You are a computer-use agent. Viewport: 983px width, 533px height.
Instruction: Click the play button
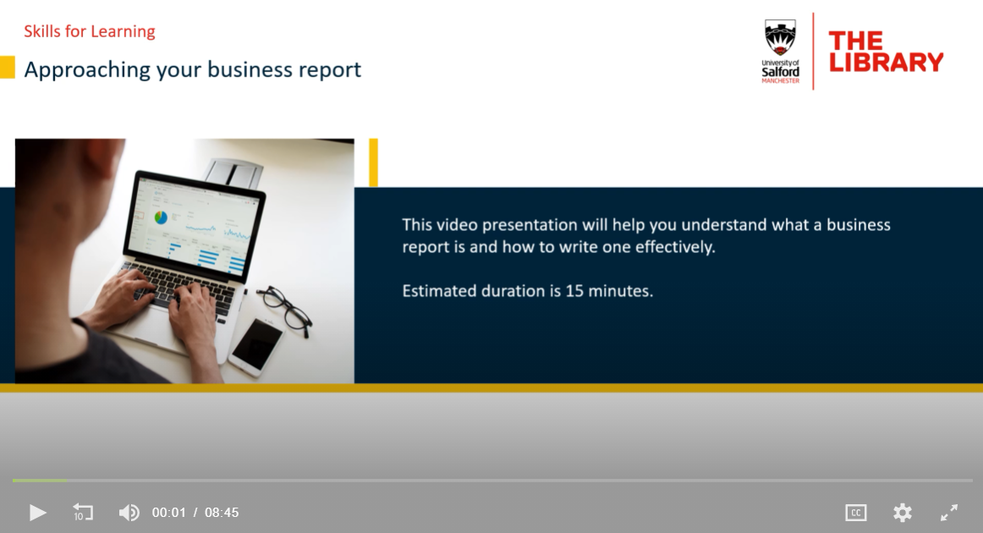tap(37, 513)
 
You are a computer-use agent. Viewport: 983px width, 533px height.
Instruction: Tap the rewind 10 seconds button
tap(83, 513)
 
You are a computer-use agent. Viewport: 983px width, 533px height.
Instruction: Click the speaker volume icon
tap(129, 513)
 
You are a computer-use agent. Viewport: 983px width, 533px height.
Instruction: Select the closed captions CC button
tap(856, 513)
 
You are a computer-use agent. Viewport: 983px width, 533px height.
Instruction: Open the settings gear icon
tap(902, 513)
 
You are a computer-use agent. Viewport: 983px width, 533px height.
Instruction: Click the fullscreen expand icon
tap(949, 513)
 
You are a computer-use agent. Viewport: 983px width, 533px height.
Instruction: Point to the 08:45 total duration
tap(222, 513)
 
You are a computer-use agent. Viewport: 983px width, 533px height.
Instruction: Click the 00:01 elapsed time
tap(168, 513)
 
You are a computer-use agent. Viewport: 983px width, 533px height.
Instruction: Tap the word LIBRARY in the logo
tap(886, 62)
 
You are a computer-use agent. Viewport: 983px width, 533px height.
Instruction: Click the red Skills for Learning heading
tap(90, 31)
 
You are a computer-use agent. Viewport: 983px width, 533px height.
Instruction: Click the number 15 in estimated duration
tap(574, 291)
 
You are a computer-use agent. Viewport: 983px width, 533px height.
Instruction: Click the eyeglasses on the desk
tap(284, 309)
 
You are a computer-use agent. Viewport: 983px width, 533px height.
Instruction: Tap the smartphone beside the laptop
tap(255, 346)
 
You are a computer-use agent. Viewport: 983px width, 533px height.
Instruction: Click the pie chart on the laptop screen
tap(161, 217)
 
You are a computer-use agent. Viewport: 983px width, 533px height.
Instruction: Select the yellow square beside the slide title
tap(8, 68)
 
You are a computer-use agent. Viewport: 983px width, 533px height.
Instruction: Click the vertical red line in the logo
tap(813, 52)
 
